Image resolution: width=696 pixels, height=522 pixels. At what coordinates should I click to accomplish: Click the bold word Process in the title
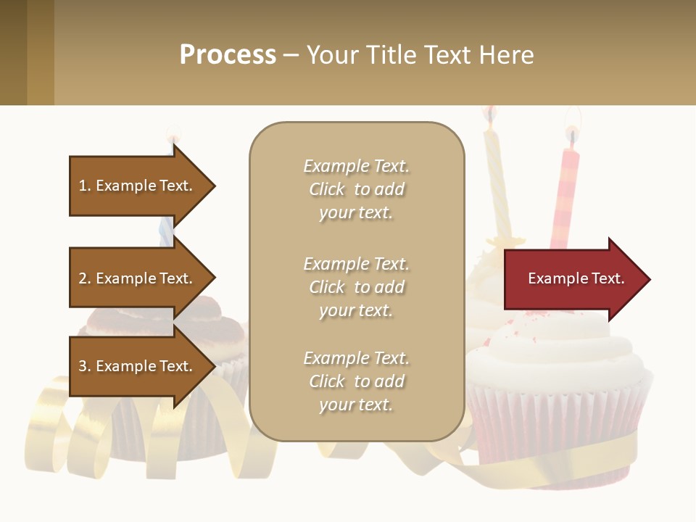coord(228,55)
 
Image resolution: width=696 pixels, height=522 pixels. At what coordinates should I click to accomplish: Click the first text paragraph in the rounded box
coord(356,189)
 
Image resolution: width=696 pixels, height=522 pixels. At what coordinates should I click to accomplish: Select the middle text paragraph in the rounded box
coord(356,287)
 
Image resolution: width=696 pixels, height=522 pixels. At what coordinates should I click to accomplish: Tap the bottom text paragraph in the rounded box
coord(356,381)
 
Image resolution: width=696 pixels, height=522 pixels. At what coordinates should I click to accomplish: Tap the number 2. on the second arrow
coord(85,278)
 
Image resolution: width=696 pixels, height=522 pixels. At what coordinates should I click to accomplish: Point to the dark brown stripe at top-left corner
coord(13,52)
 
